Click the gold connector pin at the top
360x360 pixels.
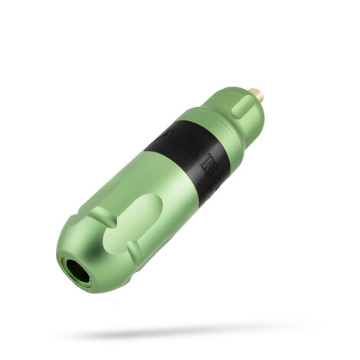[x=257, y=96]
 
